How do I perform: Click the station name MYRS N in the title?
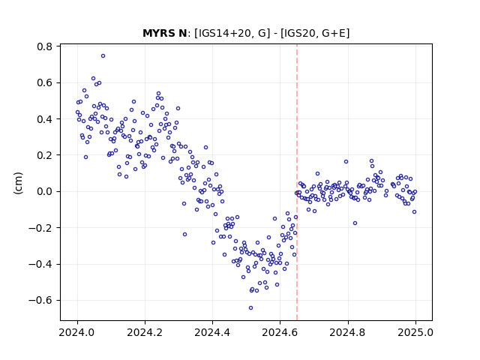point(165,33)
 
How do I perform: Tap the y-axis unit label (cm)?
point(18,183)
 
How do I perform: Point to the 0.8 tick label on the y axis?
point(44,46)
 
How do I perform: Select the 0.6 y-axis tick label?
point(44,82)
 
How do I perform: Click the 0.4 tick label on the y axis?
point(44,119)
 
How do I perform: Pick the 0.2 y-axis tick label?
point(44,155)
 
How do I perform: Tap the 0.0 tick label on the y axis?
point(44,192)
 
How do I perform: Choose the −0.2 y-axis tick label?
point(40,228)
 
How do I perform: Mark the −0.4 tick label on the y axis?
point(40,264)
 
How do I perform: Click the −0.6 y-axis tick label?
point(40,300)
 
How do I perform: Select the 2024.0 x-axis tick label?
point(77,332)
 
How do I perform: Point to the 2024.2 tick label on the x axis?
point(145,332)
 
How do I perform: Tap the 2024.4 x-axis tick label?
point(212,332)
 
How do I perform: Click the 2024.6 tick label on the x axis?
point(280,332)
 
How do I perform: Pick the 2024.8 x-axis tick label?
point(348,332)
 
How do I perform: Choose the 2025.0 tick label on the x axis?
point(415,332)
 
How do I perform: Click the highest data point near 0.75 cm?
point(103,55)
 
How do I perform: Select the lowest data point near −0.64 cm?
point(250,307)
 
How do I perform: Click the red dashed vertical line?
point(297,182)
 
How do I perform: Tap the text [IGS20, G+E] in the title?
point(315,33)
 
